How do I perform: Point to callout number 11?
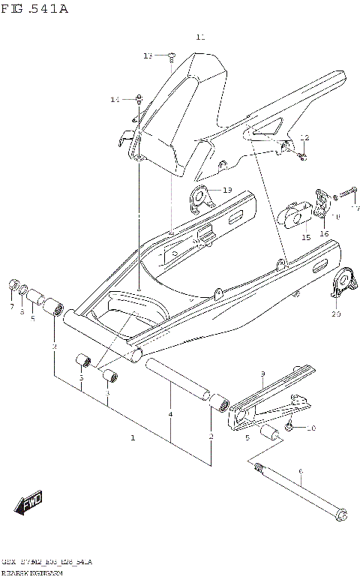(x=199, y=37)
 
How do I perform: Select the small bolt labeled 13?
(x=172, y=55)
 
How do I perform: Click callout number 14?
(x=115, y=99)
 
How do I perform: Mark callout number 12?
(x=304, y=137)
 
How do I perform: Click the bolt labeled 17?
(x=346, y=194)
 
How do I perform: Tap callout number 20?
(x=335, y=314)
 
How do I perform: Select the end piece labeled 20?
(x=341, y=281)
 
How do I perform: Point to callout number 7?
(x=11, y=308)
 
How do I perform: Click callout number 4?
(x=171, y=414)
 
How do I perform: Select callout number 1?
(x=133, y=437)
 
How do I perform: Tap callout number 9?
(x=262, y=374)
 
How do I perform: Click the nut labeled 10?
(x=289, y=428)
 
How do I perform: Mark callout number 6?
(x=301, y=472)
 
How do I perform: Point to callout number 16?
(x=324, y=233)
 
